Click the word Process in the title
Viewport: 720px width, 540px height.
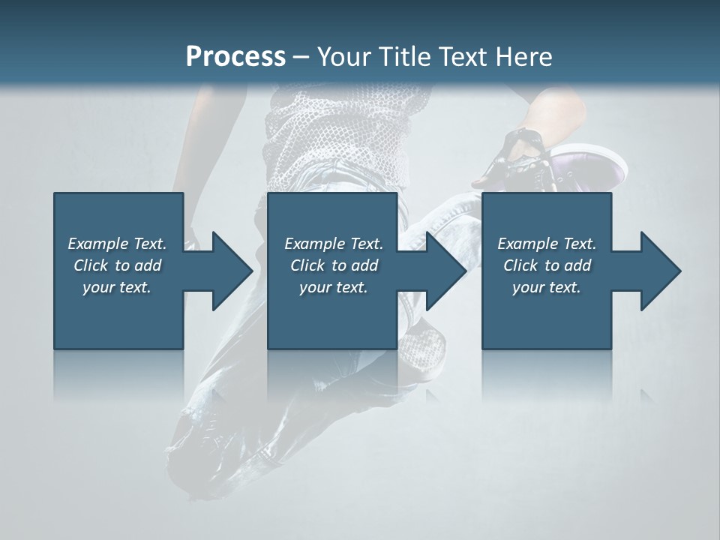(x=235, y=57)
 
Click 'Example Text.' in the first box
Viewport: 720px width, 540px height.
(x=117, y=244)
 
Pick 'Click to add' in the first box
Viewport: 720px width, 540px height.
(x=117, y=265)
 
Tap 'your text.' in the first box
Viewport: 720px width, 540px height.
(x=117, y=287)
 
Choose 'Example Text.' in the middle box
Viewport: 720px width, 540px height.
(x=334, y=244)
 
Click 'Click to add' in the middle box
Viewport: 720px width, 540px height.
(x=334, y=265)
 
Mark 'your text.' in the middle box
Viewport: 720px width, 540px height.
(x=334, y=287)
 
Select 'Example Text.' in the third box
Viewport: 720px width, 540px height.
(x=547, y=244)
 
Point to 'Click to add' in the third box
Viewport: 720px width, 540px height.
(x=547, y=265)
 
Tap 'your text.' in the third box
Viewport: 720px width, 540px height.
(x=547, y=287)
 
